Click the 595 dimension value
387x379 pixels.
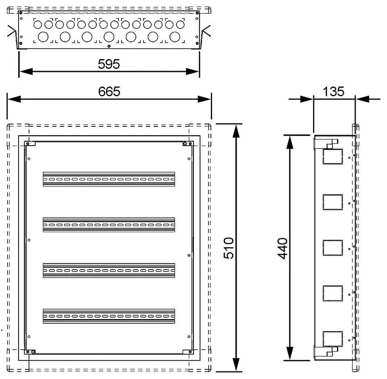click(109, 64)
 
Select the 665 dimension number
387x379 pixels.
click(109, 92)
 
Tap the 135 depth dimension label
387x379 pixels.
click(333, 92)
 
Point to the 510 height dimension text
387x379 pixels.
click(229, 248)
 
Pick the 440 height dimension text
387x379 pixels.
click(282, 249)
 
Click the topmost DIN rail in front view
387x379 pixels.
click(109, 179)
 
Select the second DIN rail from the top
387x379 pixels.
click(109, 225)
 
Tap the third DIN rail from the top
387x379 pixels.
click(109, 270)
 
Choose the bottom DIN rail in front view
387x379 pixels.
click(109, 316)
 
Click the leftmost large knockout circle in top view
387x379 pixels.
click(43, 37)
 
